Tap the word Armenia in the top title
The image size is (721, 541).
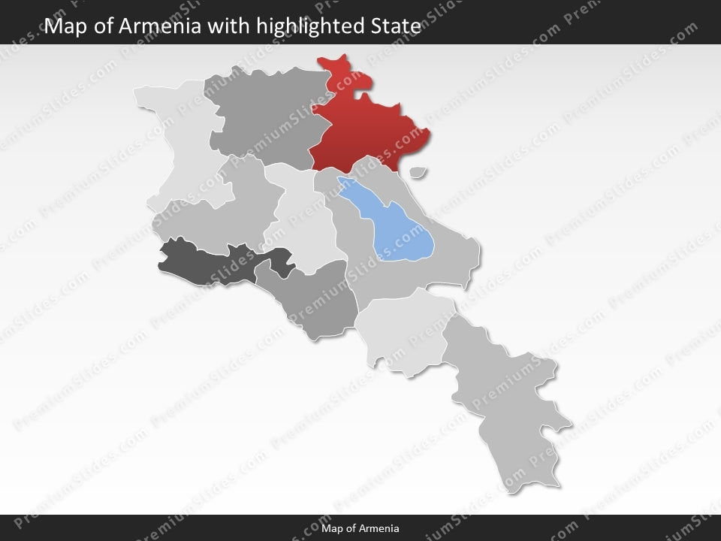tap(158, 27)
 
